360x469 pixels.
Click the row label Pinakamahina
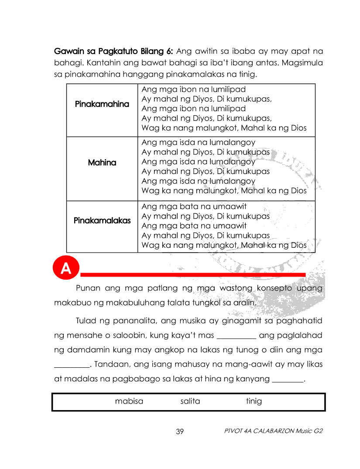pyautogui.click(x=102, y=105)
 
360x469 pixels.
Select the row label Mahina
pyautogui.click(x=102, y=163)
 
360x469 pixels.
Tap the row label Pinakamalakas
pyautogui.click(x=102, y=221)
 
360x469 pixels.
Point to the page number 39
pyautogui.click(x=180, y=431)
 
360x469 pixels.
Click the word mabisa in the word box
pyautogui.click(x=129, y=401)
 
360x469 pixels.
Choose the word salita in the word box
pyautogui.click(x=190, y=401)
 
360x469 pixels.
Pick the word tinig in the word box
pyautogui.click(x=254, y=401)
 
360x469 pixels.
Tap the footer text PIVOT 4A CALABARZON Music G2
pyautogui.click(x=273, y=431)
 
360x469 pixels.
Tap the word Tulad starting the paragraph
pyautogui.click(x=86, y=322)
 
